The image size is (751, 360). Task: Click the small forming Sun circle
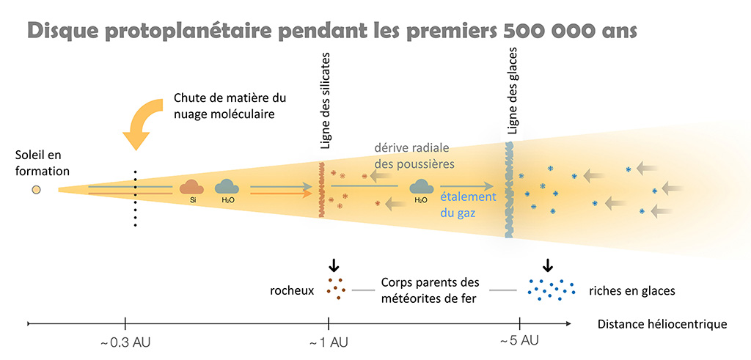coord(35,191)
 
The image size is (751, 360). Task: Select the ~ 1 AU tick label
coord(328,342)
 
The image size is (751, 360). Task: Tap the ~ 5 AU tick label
coord(519,340)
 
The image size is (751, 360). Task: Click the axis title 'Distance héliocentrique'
coord(662,324)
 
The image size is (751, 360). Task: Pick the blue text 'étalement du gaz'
coord(468,203)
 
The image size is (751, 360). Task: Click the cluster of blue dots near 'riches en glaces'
coord(549,290)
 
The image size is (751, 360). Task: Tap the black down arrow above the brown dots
coord(334,265)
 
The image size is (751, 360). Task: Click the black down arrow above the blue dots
coord(547,265)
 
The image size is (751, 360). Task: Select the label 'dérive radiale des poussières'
coord(413,155)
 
